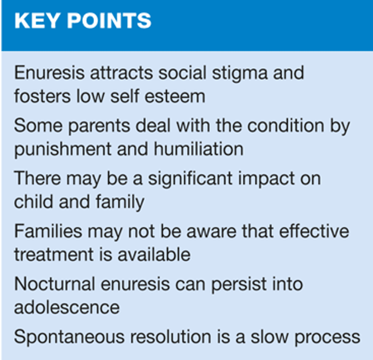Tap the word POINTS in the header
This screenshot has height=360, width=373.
109,21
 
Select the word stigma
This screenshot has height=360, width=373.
240,74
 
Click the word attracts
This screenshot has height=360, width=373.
121,73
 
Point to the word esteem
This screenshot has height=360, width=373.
175,97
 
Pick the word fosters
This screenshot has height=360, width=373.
43,96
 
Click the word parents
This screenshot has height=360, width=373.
99,126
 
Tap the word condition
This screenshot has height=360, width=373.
285,125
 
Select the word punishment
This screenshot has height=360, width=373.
63,149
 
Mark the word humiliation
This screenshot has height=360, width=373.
198,149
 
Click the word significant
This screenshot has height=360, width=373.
190,179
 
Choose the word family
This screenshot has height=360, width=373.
120,202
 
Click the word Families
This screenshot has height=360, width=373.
48,231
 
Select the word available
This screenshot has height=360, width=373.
154,254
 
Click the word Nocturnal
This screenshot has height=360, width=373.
55,284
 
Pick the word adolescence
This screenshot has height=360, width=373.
67,307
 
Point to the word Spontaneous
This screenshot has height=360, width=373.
70,338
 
